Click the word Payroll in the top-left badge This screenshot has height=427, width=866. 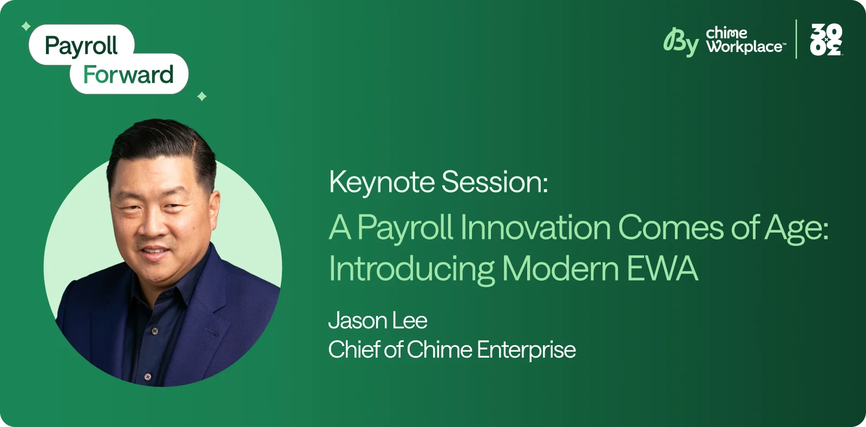pyautogui.click(x=81, y=46)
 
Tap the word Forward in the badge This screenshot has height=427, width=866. pyautogui.click(x=128, y=75)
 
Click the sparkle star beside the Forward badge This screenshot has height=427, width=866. pyautogui.click(x=202, y=96)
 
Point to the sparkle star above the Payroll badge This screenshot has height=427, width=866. pyautogui.click(x=25, y=26)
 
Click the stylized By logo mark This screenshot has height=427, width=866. pyautogui.click(x=681, y=42)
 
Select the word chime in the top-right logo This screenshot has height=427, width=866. pyautogui.click(x=726, y=33)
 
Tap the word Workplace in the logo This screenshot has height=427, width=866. pyautogui.click(x=745, y=47)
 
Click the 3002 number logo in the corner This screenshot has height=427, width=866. pyautogui.click(x=826, y=40)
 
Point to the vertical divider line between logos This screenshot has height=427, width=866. pyautogui.click(x=796, y=39)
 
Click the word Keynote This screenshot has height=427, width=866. pyautogui.click(x=382, y=182)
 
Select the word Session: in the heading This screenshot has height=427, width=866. pyautogui.click(x=494, y=182)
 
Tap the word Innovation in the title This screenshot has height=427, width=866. pyautogui.click(x=535, y=227)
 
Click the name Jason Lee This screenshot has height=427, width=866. pyautogui.click(x=377, y=321)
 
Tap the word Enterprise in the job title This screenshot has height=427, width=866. pyautogui.click(x=526, y=350)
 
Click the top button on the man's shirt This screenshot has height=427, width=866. pyautogui.click(x=155, y=331)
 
